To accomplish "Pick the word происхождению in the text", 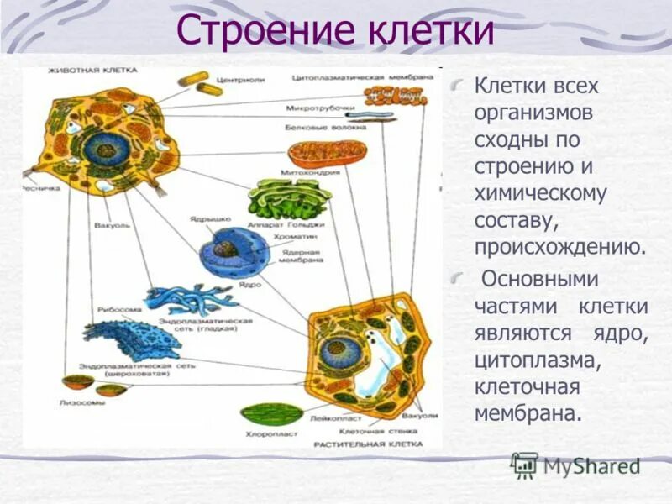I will coord(560,248).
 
